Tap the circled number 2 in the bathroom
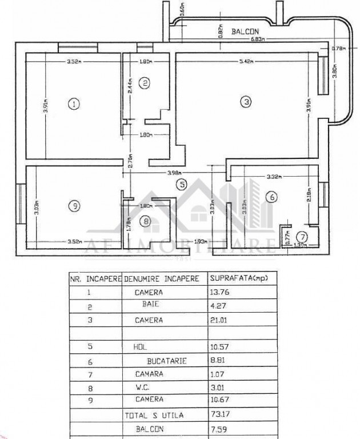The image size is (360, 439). (x=145, y=83)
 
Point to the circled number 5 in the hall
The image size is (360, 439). (x=181, y=184)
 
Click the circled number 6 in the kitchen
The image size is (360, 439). (x=272, y=197)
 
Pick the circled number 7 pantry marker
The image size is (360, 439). (x=304, y=236)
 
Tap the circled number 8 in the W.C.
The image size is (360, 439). (x=146, y=221)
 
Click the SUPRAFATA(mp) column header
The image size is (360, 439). (x=239, y=279)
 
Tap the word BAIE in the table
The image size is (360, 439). (x=150, y=306)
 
